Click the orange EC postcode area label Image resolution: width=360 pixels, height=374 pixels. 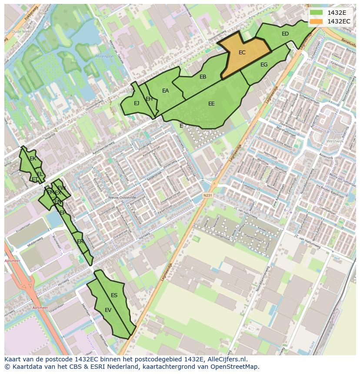[242, 53]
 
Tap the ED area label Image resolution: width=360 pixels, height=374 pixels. [285, 34]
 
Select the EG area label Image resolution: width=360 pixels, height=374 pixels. [264, 65]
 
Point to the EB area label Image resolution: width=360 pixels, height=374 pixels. [203, 77]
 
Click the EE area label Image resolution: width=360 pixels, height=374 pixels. [211, 104]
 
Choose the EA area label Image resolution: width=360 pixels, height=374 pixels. [165, 91]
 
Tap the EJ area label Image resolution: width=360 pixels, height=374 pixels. [137, 103]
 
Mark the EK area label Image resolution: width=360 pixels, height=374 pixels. [33, 159]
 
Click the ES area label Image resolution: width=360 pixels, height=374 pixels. [114, 295]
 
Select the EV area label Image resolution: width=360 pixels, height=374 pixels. [108, 310]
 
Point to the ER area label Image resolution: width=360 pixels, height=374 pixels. [80, 242]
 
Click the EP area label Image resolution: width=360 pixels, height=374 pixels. [63, 213]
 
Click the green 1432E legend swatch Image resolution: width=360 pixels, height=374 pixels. [316, 13]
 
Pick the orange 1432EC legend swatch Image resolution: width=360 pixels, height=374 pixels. [316, 21]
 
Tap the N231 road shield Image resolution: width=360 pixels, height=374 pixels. [207, 196]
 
